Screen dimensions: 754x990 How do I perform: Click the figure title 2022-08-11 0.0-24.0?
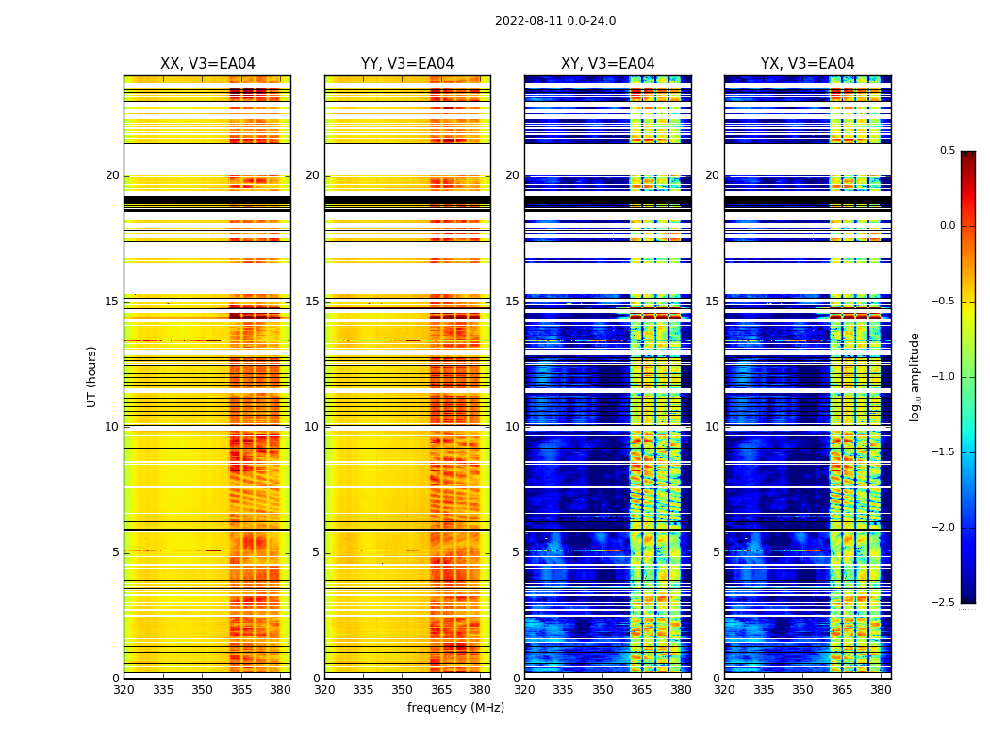coord(555,21)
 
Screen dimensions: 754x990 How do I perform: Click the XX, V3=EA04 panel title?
coord(207,64)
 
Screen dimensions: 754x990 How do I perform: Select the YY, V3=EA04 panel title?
coord(407,64)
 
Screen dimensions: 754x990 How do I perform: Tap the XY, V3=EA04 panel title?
coord(608,64)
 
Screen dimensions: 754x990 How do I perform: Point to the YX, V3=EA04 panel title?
coord(808,64)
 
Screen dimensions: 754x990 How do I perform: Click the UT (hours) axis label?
coord(92,376)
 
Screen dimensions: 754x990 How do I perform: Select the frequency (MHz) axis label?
coord(455,708)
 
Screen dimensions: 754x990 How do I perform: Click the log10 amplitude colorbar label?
coord(915,376)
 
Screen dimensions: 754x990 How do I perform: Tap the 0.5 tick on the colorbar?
coord(947,151)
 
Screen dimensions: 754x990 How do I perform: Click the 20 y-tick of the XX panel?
coord(112,175)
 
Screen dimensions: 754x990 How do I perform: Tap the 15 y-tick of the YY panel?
coord(312,302)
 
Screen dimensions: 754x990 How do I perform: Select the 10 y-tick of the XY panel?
coord(512,427)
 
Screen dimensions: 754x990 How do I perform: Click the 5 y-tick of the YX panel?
coord(716,552)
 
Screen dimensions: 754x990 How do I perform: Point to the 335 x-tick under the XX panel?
coord(163,689)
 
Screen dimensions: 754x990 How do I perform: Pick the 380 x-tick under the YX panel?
coord(881,689)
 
